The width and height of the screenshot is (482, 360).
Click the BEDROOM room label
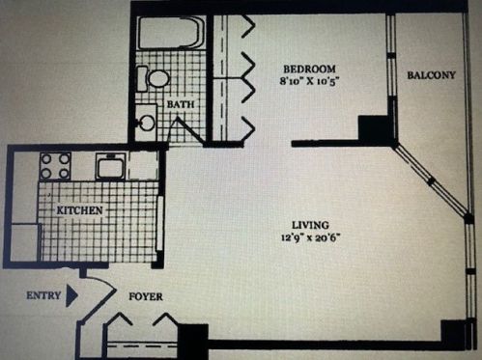coord(309,69)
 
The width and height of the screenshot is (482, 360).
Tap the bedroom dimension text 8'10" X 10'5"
coord(309,80)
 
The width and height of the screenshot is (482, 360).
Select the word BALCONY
coord(432,75)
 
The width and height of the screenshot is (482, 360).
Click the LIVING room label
coord(310,225)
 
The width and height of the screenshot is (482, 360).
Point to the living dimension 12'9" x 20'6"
coord(311,237)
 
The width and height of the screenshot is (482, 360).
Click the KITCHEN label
coord(79,210)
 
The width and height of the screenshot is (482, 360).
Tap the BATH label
coord(181,104)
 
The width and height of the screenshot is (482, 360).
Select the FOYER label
coord(146,296)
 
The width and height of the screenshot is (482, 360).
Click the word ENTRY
coord(43,295)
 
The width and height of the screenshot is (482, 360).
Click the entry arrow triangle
coord(71,295)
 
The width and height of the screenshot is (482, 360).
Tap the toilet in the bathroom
coord(153,78)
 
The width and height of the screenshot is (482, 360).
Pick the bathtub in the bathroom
coord(172,33)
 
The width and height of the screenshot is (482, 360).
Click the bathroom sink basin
coord(147,122)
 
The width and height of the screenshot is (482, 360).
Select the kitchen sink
coord(110,166)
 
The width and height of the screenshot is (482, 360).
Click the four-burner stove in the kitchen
coord(55,166)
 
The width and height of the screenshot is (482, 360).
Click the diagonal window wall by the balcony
coord(432,181)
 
